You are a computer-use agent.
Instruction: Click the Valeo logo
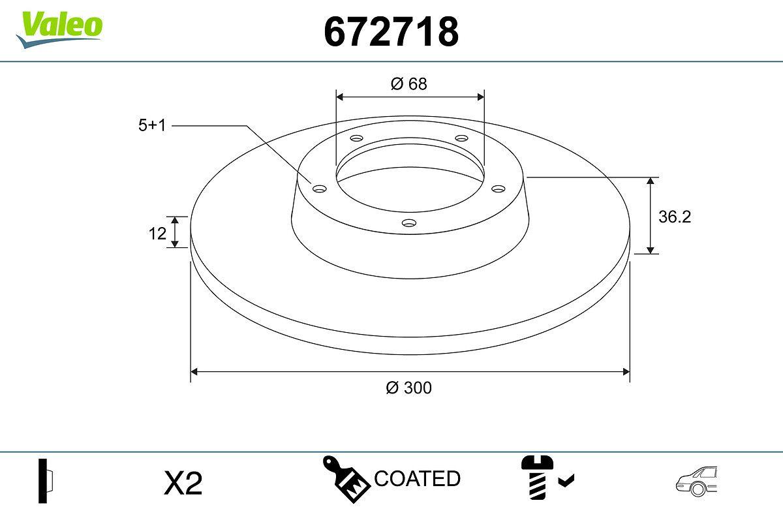[x=59, y=29]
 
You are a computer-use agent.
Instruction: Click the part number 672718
[x=391, y=32]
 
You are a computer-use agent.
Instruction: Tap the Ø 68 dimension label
[x=408, y=84]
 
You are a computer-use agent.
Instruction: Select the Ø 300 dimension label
[x=408, y=388]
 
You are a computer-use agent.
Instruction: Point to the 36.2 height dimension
[x=675, y=217]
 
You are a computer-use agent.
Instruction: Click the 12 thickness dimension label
[x=157, y=234]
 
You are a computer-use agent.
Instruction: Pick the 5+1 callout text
[x=152, y=125]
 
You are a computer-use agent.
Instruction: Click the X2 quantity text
[x=183, y=483]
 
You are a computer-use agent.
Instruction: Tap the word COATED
[x=417, y=478]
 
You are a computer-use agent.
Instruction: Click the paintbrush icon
[x=346, y=479]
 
